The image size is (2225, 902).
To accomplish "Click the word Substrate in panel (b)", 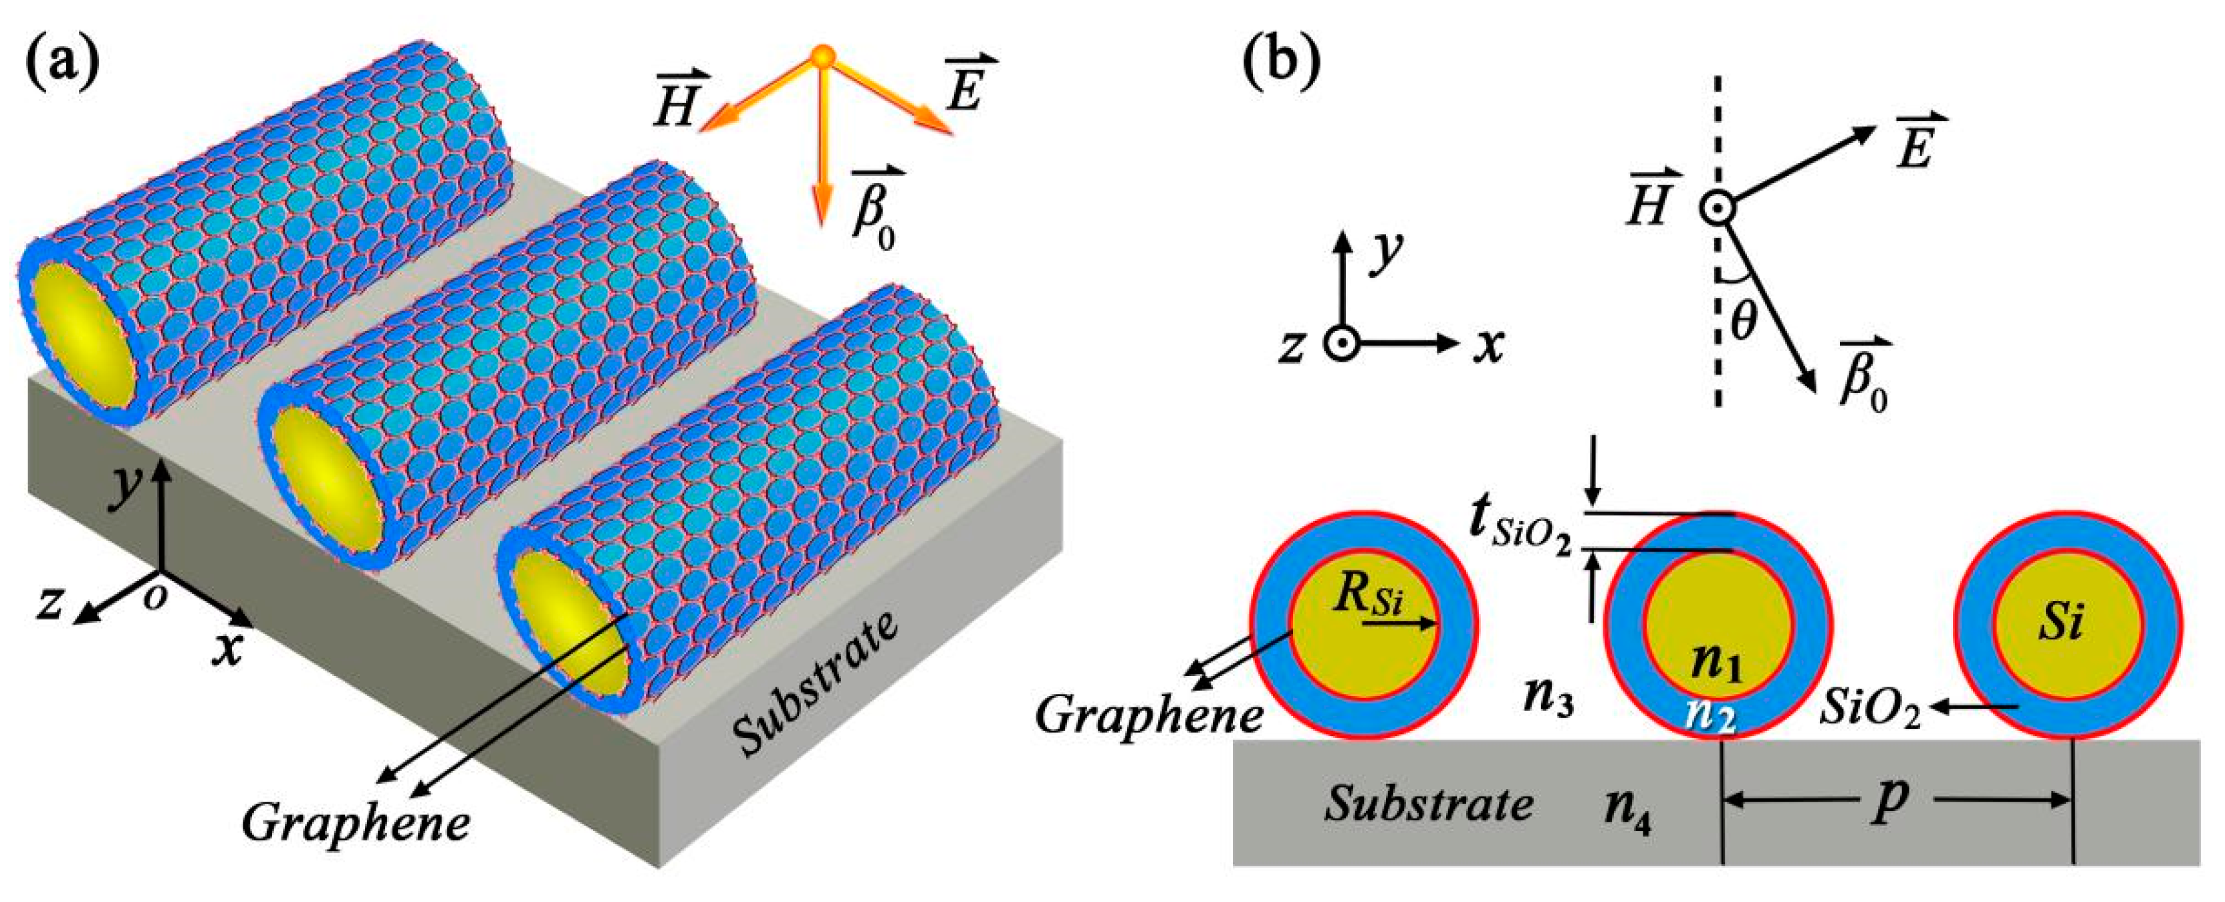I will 1429,804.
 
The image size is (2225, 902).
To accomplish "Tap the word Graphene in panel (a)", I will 356,822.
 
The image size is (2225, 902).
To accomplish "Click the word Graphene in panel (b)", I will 1149,715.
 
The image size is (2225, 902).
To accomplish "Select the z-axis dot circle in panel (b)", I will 1341,344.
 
